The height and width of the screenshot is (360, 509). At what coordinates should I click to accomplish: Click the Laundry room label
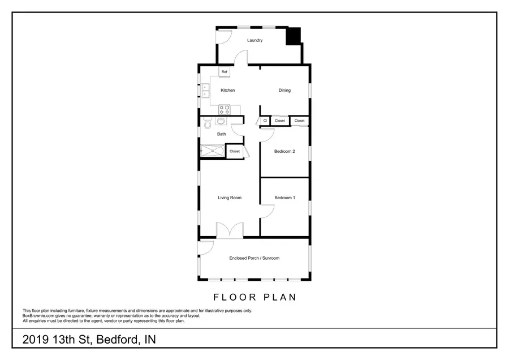255,40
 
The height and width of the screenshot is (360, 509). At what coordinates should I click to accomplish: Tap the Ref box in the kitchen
225,72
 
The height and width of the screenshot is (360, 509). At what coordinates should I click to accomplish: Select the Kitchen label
227,91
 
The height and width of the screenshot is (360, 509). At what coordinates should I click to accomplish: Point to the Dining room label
284,91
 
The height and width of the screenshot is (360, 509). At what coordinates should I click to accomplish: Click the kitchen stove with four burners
225,109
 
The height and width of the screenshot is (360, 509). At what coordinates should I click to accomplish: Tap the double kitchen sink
205,91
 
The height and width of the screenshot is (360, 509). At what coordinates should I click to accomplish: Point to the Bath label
222,134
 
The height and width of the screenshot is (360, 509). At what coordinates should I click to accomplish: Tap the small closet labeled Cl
265,121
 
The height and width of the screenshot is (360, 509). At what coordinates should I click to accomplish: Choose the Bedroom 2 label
284,151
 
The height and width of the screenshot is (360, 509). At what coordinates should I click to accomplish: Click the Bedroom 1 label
284,198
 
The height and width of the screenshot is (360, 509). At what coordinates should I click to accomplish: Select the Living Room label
230,198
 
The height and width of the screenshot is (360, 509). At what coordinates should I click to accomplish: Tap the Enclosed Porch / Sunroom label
254,258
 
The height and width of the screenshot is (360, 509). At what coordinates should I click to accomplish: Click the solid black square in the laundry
293,36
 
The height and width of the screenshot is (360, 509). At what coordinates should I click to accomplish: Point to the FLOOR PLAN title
255,297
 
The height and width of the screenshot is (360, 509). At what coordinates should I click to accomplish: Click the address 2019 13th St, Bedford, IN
89,340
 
